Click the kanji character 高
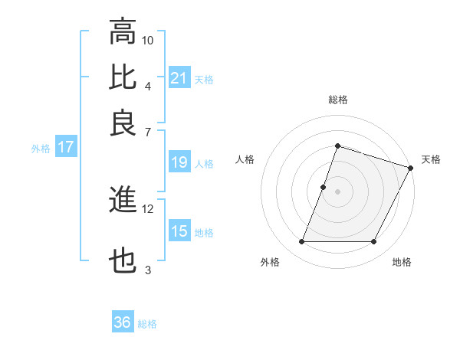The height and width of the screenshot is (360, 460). pyautogui.click(x=123, y=32)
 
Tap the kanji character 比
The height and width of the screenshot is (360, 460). pyautogui.click(x=123, y=77)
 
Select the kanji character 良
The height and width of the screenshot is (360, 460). pyautogui.click(x=123, y=123)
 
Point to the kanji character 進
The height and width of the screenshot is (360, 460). pyautogui.click(x=123, y=201)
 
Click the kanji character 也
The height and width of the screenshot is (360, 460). pyautogui.click(x=123, y=262)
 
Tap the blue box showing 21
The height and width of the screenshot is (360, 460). pyautogui.click(x=179, y=78)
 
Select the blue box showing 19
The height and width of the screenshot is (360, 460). pyautogui.click(x=179, y=162)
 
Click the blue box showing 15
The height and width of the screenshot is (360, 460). pyautogui.click(x=179, y=231)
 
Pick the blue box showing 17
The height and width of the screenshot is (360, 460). pyautogui.click(x=65, y=147)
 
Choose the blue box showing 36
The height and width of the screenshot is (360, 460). pyautogui.click(x=123, y=322)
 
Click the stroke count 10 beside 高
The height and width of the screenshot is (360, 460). pyautogui.click(x=148, y=39)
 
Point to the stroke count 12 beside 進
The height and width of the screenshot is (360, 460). pyautogui.click(x=148, y=208)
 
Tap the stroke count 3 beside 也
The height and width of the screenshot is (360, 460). pyautogui.click(x=148, y=270)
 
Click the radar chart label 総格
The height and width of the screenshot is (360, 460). pyautogui.click(x=337, y=100)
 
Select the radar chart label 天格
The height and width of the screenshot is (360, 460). pyautogui.click(x=431, y=159)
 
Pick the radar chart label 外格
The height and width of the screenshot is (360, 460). pyautogui.click(x=270, y=262)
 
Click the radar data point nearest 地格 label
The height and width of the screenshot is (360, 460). pyautogui.click(x=374, y=242)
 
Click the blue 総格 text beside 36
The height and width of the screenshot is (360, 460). pyautogui.click(x=147, y=324)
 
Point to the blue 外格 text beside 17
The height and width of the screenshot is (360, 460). pyautogui.click(x=41, y=149)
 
